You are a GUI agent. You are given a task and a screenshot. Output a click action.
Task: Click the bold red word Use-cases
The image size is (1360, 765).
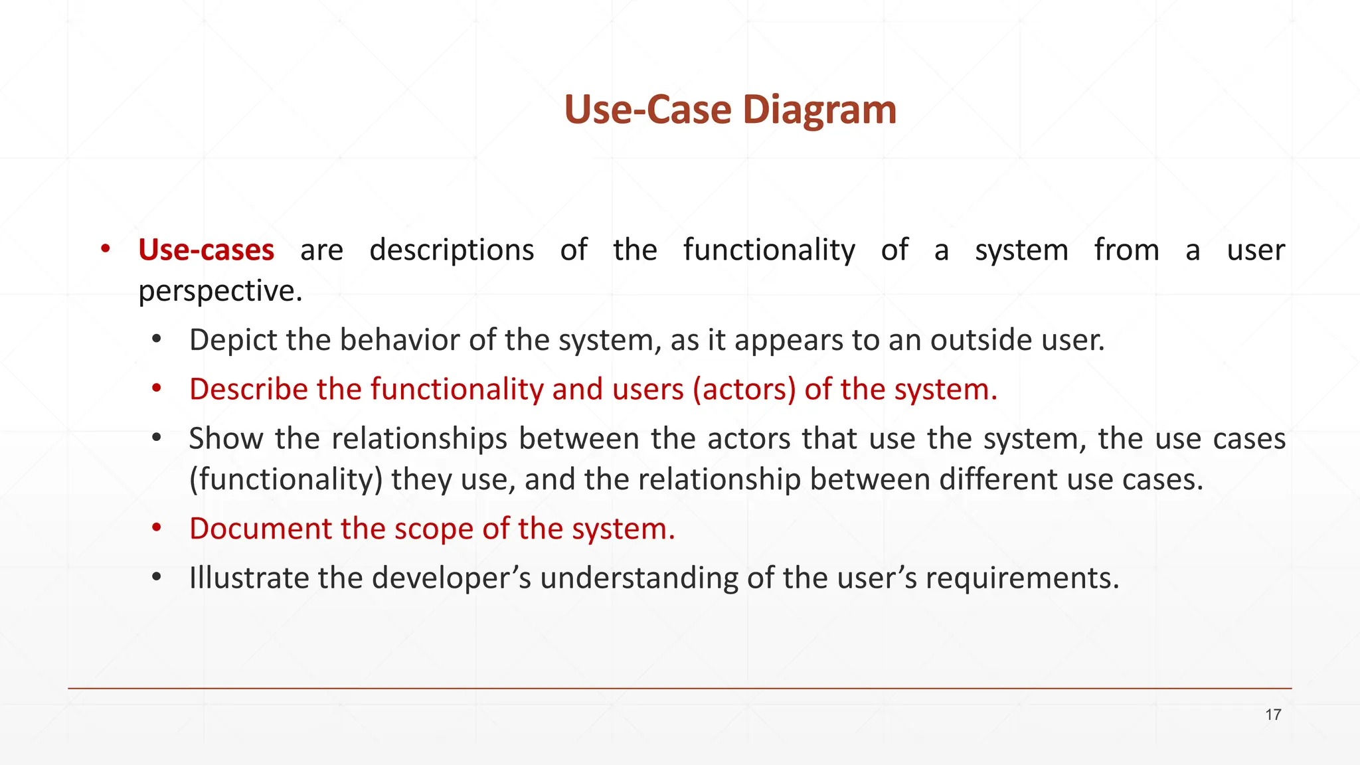tap(206, 250)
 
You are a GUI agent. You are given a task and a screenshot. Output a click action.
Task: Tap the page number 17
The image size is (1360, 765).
tap(1273, 715)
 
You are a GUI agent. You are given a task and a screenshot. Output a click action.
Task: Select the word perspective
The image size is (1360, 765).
tap(220, 292)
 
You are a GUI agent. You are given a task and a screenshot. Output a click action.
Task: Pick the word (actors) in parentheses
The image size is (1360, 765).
tap(744, 390)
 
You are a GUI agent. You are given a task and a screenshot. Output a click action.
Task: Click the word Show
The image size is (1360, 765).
tap(226, 439)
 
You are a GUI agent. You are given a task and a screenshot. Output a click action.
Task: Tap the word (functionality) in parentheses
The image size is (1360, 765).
tap(286, 479)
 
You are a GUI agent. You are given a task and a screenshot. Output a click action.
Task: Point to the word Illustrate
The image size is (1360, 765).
tap(249, 578)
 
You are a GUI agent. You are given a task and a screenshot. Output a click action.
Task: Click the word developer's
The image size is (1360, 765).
tap(451, 578)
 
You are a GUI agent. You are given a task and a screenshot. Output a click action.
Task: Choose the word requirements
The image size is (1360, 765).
tap(1022, 578)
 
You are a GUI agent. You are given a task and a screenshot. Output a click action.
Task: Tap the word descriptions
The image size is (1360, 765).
tap(452, 250)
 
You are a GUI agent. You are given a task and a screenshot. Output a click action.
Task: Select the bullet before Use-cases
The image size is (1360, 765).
tap(105, 250)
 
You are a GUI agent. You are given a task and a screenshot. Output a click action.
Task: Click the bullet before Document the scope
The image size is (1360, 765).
tap(156, 529)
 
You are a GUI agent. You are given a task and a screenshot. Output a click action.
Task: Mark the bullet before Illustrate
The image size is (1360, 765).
tap(156, 578)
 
